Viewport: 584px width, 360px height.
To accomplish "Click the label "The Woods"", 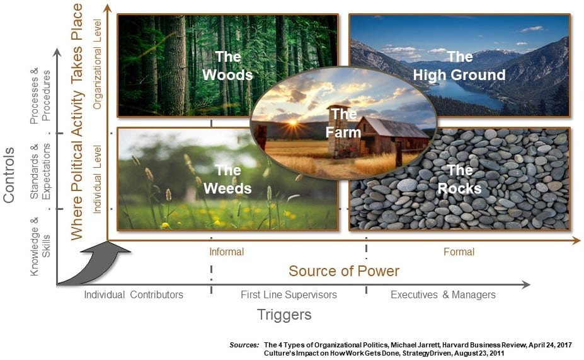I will point(227,66).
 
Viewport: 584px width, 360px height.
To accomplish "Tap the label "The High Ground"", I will point(459,66).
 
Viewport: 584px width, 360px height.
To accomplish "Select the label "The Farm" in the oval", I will point(343,123).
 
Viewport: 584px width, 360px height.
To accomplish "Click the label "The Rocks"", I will point(460,179).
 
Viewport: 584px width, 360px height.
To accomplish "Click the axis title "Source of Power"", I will point(343,271).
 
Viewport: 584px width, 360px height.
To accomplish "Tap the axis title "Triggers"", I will point(283,314).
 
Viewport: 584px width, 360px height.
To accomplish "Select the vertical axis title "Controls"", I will point(9,175).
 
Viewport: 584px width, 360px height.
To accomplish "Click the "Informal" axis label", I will point(226,252).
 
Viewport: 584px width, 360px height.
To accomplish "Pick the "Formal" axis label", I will point(459,252).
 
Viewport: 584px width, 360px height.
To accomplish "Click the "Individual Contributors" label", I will point(134,294).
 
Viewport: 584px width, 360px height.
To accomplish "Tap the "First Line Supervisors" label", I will point(289,294).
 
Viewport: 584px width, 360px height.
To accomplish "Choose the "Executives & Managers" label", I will point(443,294).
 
